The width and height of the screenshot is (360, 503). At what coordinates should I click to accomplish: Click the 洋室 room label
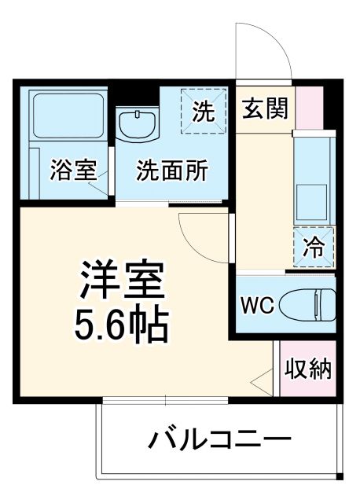pos(122,280)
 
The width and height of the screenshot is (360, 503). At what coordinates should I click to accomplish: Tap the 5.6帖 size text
pos(122,324)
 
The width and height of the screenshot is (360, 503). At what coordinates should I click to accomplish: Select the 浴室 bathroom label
pos(74,171)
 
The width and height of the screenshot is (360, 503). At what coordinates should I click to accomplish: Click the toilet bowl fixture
pos(314,303)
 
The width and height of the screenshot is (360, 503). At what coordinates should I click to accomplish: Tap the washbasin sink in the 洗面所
pos(137,126)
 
